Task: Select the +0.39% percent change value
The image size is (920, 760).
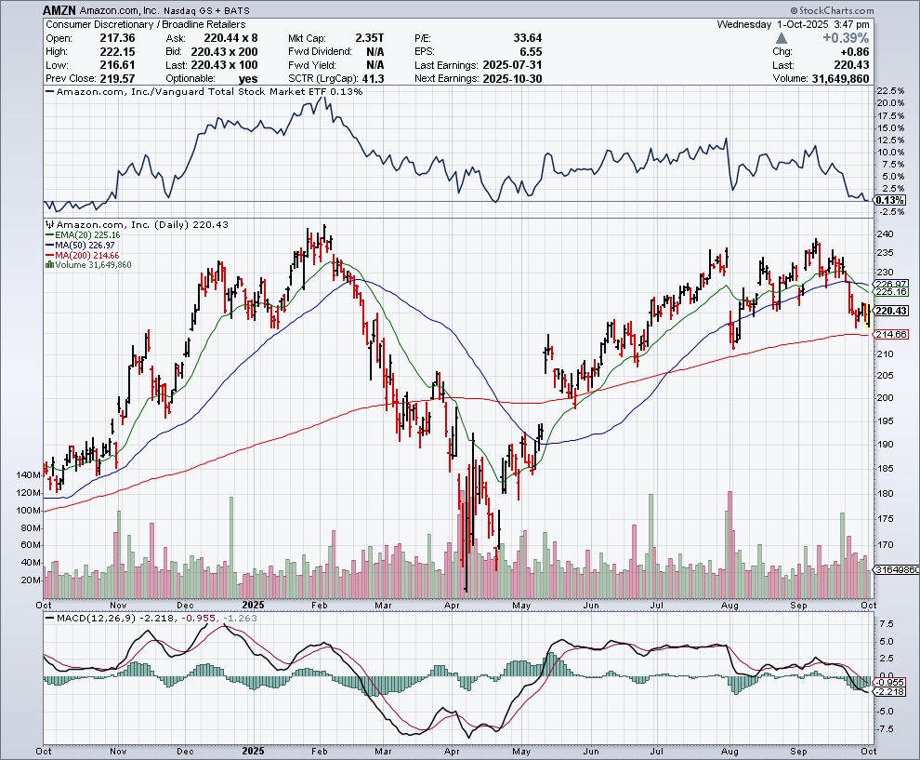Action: click(x=846, y=38)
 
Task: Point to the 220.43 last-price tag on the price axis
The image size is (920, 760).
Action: click(x=890, y=311)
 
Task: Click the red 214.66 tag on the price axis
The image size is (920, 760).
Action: click(x=890, y=334)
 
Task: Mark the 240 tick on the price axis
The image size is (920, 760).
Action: click(x=884, y=233)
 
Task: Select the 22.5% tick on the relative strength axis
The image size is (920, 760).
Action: click(x=888, y=91)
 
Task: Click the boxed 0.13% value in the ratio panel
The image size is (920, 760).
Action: click(x=889, y=201)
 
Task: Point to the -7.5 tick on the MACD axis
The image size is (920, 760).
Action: click(x=887, y=728)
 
